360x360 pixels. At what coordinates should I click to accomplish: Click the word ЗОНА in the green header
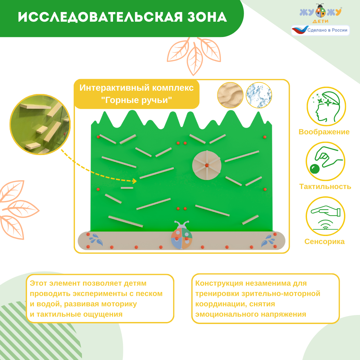point(207,17)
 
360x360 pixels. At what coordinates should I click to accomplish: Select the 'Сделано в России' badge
point(320,30)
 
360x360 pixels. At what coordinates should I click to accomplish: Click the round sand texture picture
point(230,95)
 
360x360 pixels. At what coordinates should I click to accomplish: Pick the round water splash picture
point(259,95)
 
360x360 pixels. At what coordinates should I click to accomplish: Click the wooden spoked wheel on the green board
point(207,165)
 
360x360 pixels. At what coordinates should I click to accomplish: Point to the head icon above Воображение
point(326,106)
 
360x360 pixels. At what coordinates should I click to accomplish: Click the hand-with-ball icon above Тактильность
point(325,161)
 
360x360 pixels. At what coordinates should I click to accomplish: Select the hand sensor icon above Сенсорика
point(325,216)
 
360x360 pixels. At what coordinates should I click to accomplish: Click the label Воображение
point(324,132)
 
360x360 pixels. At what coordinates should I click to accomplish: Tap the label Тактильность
point(325,187)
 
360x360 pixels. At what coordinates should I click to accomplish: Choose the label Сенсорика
point(324,242)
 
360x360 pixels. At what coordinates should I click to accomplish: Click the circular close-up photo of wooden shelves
point(40,124)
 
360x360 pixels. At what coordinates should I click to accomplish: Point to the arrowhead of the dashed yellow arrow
point(135,181)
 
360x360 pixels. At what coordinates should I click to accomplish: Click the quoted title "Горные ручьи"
point(137,100)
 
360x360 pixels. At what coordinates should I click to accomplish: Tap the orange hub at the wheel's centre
point(207,165)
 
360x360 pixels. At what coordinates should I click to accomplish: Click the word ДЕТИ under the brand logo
point(321,21)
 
